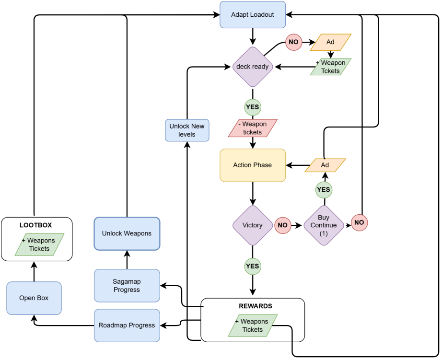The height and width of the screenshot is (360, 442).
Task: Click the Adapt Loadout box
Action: coord(253,14)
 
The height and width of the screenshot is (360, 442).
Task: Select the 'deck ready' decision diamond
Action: coord(253,67)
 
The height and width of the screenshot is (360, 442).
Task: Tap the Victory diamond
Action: coord(253,225)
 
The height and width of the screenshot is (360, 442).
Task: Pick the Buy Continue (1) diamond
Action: coord(324,225)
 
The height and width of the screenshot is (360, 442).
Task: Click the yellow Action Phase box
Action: coord(253,165)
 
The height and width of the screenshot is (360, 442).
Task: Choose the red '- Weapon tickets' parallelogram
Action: coord(253,128)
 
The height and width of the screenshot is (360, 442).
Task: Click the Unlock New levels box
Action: coord(187,130)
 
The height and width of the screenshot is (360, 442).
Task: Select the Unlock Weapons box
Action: coord(127,233)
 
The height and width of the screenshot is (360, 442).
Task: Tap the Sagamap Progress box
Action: coord(127,286)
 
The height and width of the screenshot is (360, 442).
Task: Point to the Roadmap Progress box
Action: coord(127,325)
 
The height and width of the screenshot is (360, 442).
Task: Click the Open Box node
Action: coord(34,298)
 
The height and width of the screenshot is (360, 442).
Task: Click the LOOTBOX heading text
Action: coord(36,225)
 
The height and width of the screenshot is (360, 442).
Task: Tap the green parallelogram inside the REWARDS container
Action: coord(253,325)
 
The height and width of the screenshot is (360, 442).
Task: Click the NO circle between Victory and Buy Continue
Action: coord(283,225)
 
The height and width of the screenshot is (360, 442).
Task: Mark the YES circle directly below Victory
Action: coord(253,266)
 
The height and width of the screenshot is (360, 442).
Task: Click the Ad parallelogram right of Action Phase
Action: coord(325,165)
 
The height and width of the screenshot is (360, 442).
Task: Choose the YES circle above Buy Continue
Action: coord(324,190)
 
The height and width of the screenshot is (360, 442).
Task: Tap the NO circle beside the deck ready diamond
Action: coord(293,42)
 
